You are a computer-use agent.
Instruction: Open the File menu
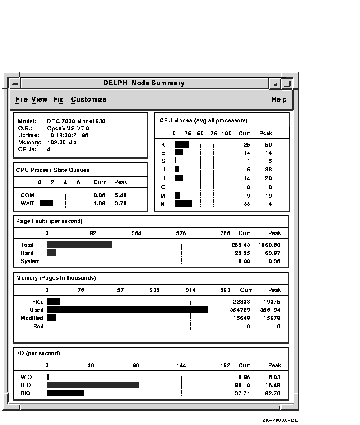pyautogui.click(x=21, y=99)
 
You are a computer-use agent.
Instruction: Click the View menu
pyautogui.click(x=39, y=99)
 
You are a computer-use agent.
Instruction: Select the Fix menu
pyautogui.click(x=58, y=99)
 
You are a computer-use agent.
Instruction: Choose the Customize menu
pyautogui.click(x=88, y=99)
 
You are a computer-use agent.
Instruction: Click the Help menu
pyautogui.click(x=279, y=99)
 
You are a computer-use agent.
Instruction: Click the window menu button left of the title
pyautogui.click(x=15, y=83)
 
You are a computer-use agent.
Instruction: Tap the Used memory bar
pyautogui.click(x=127, y=310)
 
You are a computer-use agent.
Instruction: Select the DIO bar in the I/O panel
pyautogui.click(x=93, y=385)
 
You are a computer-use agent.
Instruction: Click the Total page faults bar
pyautogui.click(x=79, y=245)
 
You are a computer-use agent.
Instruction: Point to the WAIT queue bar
pyautogui.click(x=46, y=203)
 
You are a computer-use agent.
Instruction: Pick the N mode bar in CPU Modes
pyautogui.click(x=183, y=203)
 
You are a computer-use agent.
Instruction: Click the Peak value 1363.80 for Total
pyautogui.click(x=269, y=245)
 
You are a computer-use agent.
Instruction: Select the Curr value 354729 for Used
pyautogui.click(x=240, y=310)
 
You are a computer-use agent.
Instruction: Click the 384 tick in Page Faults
pyautogui.click(x=136, y=233)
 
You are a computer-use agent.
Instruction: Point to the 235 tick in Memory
pyautogui.click(x=154, y=290)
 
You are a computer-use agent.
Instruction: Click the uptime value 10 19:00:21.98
pyautogui.click(x=68, y=135)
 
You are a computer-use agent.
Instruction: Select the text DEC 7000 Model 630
pyautogui.click(x=76, y=121)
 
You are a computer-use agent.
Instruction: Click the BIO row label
pyautogui.click(x=26, y=393)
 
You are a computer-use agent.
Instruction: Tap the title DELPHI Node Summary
pyautogui.click(x=143, y=83)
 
